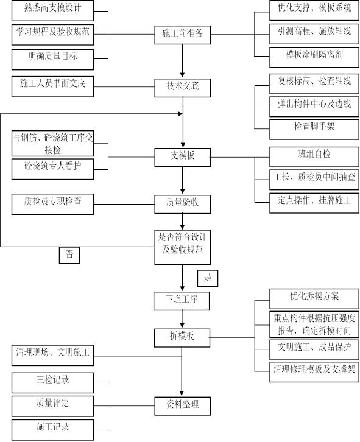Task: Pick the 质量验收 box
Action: [x=182, y=203]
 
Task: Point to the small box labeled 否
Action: [x=69, y=254]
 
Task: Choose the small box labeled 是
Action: [x=208, y=278]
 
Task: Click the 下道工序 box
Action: [x=182, y=301]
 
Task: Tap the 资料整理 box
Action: [x=182, y=404]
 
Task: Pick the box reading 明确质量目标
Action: [x=53, y=58]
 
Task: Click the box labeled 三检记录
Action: [x=53, y=382]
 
